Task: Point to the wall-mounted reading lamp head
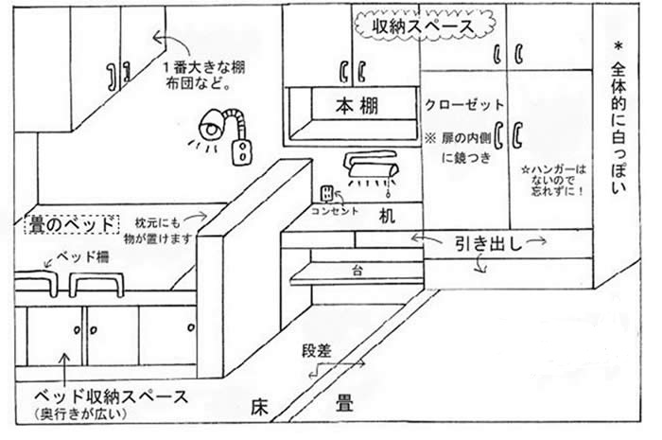212,124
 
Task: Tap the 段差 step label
318,349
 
